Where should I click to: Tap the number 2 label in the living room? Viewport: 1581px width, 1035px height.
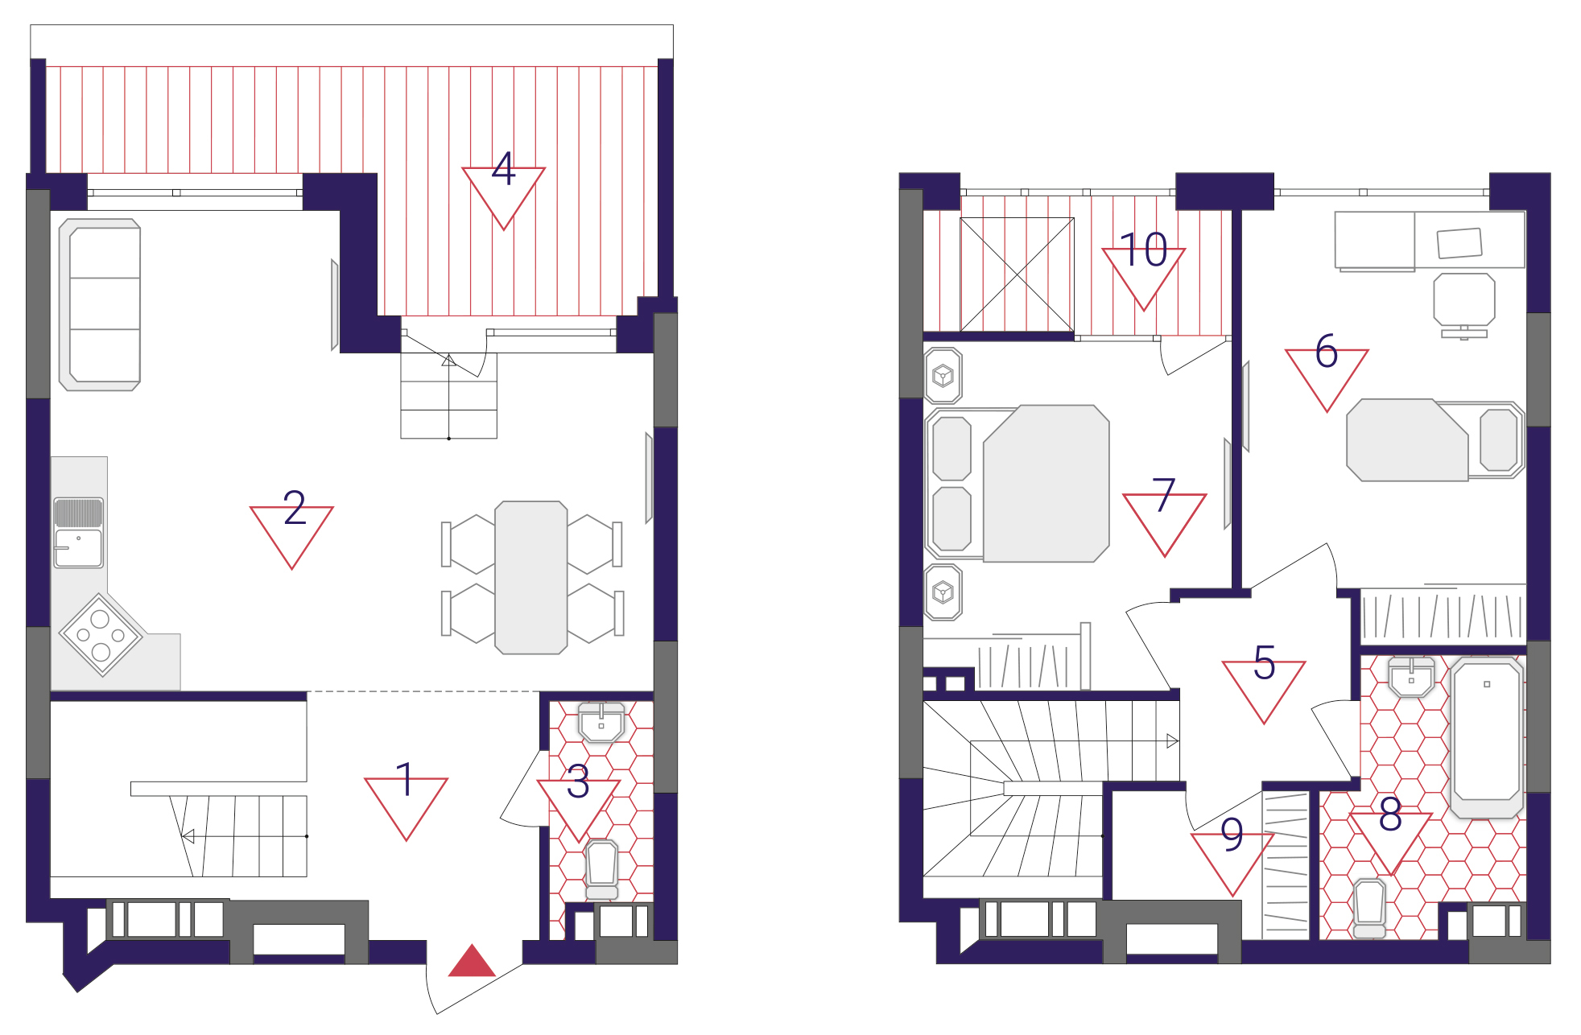[295, 508]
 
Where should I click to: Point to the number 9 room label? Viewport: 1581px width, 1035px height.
[1232, 835]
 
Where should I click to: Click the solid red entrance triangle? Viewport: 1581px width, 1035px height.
[472, 961]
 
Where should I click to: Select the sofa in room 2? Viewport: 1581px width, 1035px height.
[101, 305]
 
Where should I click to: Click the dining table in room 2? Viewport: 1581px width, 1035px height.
[531, 578]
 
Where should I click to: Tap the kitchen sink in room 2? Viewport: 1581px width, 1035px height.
[78, 533]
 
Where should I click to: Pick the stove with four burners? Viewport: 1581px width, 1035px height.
[101, 635]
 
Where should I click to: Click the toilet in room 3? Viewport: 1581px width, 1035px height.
[602, 869]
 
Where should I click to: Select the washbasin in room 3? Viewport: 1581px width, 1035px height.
[601, 723]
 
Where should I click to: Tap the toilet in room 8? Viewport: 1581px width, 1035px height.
[1369, 909]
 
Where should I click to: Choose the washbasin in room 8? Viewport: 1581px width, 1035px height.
[1411, 677]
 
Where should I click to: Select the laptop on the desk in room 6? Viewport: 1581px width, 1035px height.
[1459, 243]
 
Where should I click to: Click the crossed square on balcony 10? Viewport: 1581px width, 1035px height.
[1017, 274]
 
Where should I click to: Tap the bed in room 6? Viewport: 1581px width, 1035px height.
[1435, 440]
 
